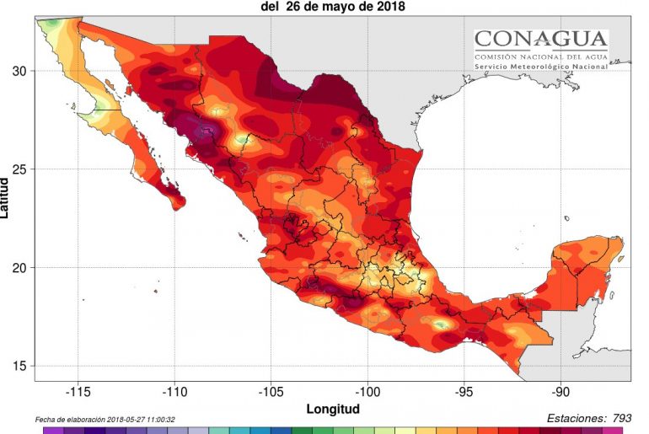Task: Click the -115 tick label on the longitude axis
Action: point(78,392)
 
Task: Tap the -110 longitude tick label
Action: point(174,392)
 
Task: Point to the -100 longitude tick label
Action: point(368,392)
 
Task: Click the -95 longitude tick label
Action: point(464,392)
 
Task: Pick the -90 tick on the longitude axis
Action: point(561,392)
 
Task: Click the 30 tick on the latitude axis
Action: point(19,71)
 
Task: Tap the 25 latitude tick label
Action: point(19,169)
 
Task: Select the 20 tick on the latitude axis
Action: point(19,268)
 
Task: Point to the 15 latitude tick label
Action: point(19,366)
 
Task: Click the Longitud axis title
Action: point(333,409)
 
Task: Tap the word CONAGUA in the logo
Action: point(540,39)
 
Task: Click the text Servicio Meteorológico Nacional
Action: point(540,66)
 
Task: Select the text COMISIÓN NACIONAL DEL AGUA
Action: point(540,54)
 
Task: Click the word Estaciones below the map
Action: point(575,417)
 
